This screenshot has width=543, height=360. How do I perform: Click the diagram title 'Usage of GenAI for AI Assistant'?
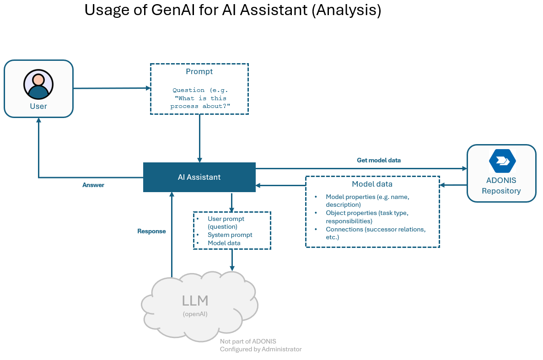pyautogui.click(x=232, y=10)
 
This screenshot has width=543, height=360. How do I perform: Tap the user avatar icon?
pyautogui.click(x=38, y=84)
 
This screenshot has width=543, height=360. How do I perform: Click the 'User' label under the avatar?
pyautogui.click(x=38, y=106)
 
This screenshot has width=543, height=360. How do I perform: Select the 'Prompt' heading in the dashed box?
pyautogui.click(x=199, y=71)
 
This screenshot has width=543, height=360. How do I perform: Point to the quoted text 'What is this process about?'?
pyautogui.click(x=199, y=102)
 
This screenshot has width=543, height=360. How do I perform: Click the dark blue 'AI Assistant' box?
pyautogui.click(x=199, y=177)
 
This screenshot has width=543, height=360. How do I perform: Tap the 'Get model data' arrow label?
pyautogui.click(x=378, y=161)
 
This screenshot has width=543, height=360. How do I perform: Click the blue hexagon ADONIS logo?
pyautogui.click(x=502, y=161)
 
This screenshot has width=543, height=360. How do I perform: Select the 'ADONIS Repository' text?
pyautogui.click(x=501, y=186)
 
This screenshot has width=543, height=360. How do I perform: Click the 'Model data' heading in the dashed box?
pyautogui.click(x=372, y=184)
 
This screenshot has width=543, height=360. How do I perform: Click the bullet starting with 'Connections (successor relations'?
pyautogui.click(x=375, y=233)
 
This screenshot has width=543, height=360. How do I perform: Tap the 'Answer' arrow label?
pyautogui.click(x=93, y=185)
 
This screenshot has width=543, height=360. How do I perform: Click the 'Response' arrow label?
pyautogui.click(x=151, y=231)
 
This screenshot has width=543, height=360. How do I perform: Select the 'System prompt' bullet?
pyautogui.click(x=230, y=235)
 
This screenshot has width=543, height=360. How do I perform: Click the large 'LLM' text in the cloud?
pyautogui.click(x=195, y=301)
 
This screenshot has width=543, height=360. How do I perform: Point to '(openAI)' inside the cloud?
pyautogui.click(x=195, y=314)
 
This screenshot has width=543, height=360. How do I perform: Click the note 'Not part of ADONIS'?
pyautogui.click(x=248, y=341)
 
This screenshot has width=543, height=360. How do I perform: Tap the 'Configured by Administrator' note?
pyautogui.click(x=261, y=349)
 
